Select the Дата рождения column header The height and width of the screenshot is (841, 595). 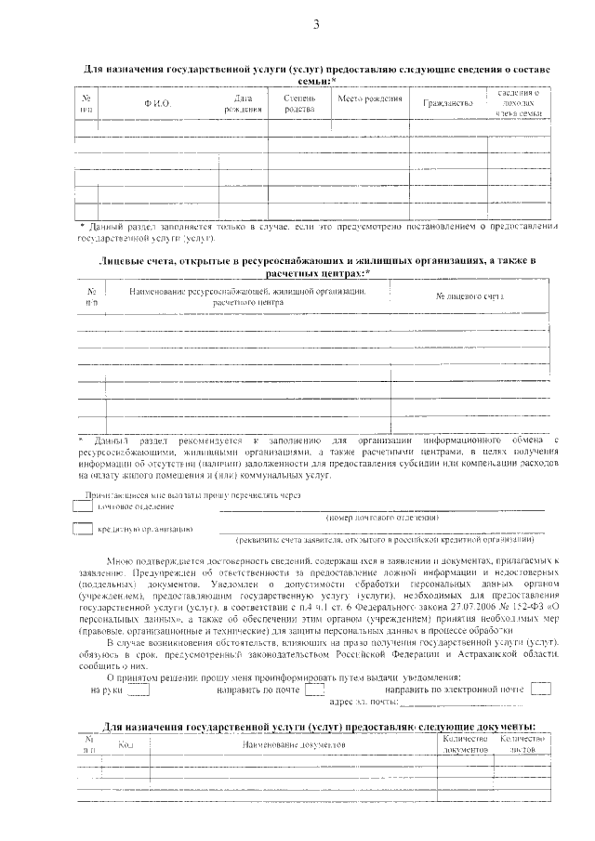click(x=244, y=103)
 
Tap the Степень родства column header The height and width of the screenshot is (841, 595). click(x=299, y=103)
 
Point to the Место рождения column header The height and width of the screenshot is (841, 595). click(x=369, y=99)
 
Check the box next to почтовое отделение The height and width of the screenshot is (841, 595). click(x=83, y=506)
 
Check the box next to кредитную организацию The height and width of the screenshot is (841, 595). click(x=83, y=529)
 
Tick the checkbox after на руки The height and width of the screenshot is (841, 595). click(x=139, y=690)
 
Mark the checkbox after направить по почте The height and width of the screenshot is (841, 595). click(x=314, y=690)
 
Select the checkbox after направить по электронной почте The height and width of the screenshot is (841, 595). click(x=540, y=689)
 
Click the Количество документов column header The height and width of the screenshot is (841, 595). click(x=466, y=742)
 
